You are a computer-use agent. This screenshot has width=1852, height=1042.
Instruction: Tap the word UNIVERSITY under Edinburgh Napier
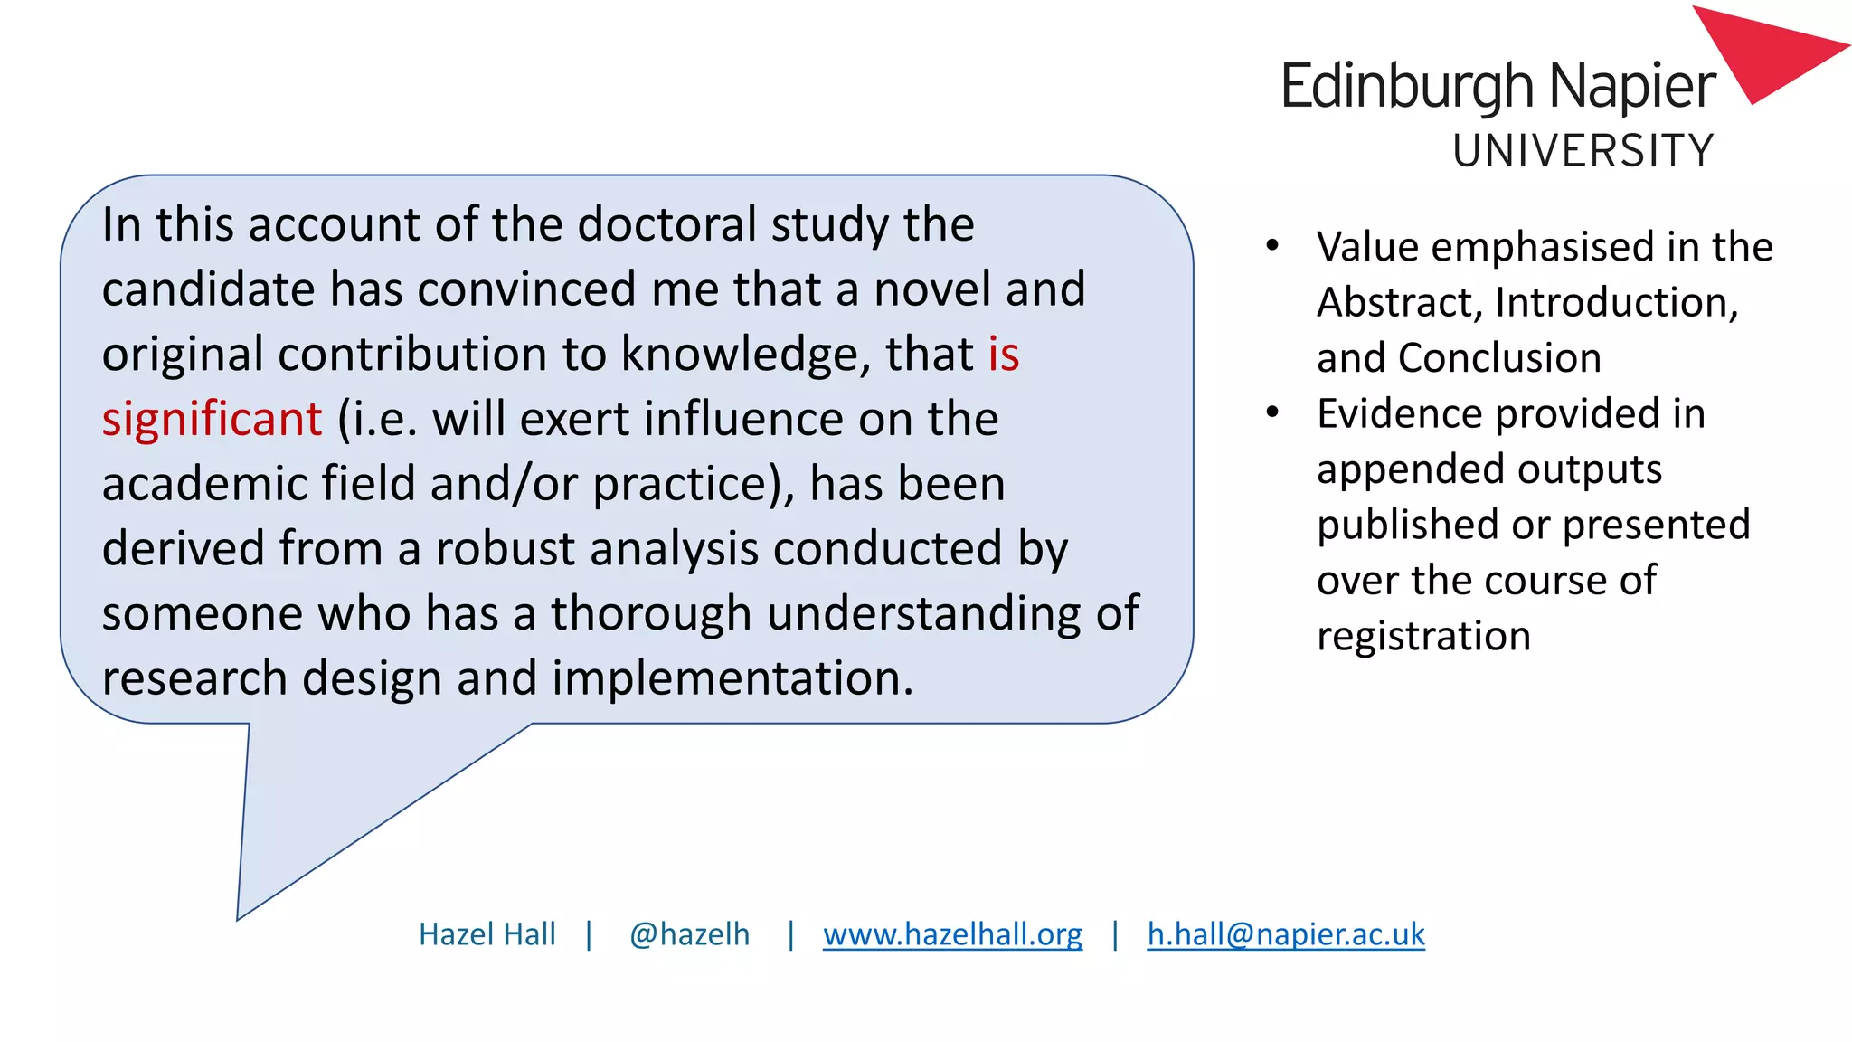tap(1583, 151)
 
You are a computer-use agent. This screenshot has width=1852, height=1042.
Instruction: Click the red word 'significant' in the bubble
tap(212, 419)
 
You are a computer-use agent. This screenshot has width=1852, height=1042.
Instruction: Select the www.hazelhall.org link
tap(952, 934)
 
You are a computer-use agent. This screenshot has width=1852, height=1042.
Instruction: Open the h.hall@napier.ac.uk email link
tap(1285, 934)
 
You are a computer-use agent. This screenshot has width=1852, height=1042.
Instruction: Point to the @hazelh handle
tap(689, 934)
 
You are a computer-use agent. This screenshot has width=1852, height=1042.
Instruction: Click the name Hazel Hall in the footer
tap(487, 934)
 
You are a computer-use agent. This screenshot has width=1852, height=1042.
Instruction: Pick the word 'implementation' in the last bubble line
tap(732, 678)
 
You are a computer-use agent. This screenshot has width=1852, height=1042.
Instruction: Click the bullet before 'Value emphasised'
tap(1272, 246)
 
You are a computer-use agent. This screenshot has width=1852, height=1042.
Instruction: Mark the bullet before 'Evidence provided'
tap(1272, 413)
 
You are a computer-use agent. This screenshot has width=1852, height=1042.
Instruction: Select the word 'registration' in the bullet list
tap(1423, 637)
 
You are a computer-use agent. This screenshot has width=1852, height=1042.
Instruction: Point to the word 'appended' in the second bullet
tap(1410, 469)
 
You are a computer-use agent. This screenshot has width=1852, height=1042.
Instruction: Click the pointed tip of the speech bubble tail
tap(239, 917)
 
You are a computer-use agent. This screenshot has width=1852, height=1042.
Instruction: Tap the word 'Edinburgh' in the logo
tap(1407, 87)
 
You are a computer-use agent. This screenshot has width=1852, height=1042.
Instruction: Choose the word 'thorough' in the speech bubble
tap(651, 614)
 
